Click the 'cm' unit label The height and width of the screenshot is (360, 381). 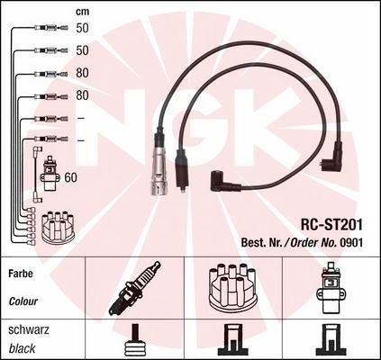tap(82, 12)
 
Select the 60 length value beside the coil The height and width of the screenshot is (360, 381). tap(71, 177)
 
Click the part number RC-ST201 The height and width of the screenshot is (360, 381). tap(331, 225)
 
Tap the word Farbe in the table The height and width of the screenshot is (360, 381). tap(21, 274)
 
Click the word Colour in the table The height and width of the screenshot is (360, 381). tap(23, 301)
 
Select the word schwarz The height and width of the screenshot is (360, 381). tap(29, 330)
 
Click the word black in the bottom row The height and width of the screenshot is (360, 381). tap(22, 348)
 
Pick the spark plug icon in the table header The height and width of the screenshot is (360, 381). tap(134, 288)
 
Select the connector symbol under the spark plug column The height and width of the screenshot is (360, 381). tap(135, 339)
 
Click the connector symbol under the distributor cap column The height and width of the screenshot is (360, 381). tap(232, 339)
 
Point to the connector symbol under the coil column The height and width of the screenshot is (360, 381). tap(331, 339)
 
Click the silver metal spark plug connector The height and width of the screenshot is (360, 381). tap(158, 168)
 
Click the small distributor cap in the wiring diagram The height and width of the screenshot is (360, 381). tap(59, 227)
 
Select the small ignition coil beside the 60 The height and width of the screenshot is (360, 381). tap(49, 175)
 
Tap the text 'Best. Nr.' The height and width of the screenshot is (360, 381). tap(259, 243)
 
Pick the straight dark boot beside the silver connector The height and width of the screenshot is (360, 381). tap(181, 170)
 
